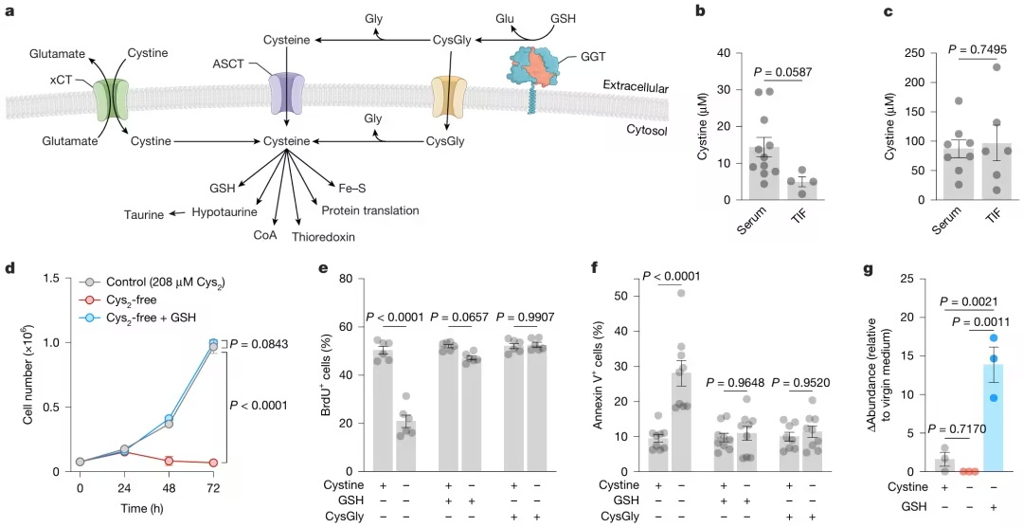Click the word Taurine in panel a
pyautogui.click(x=141, y=214)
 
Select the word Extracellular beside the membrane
pyautogui.click(x=636, y=88)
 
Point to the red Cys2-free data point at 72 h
pyautogui.click(x=213, y=463)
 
